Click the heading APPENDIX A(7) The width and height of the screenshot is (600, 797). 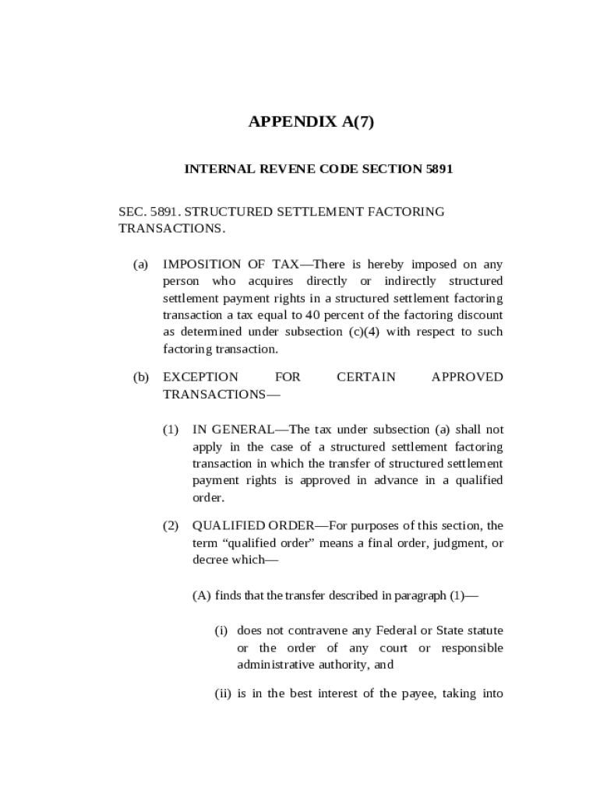[x=311, y=122]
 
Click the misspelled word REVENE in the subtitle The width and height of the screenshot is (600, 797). [x=280, y=169]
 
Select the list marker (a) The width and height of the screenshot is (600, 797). [x=140, y=264]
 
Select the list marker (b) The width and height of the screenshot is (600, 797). [x=140, y=377]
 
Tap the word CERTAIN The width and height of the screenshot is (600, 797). [x=365, y=377]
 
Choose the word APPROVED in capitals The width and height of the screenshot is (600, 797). [x=467, y=377]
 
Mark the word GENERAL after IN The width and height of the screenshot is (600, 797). [x=241, y=430]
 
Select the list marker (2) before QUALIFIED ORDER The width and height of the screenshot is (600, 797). [x=171, y=525]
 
